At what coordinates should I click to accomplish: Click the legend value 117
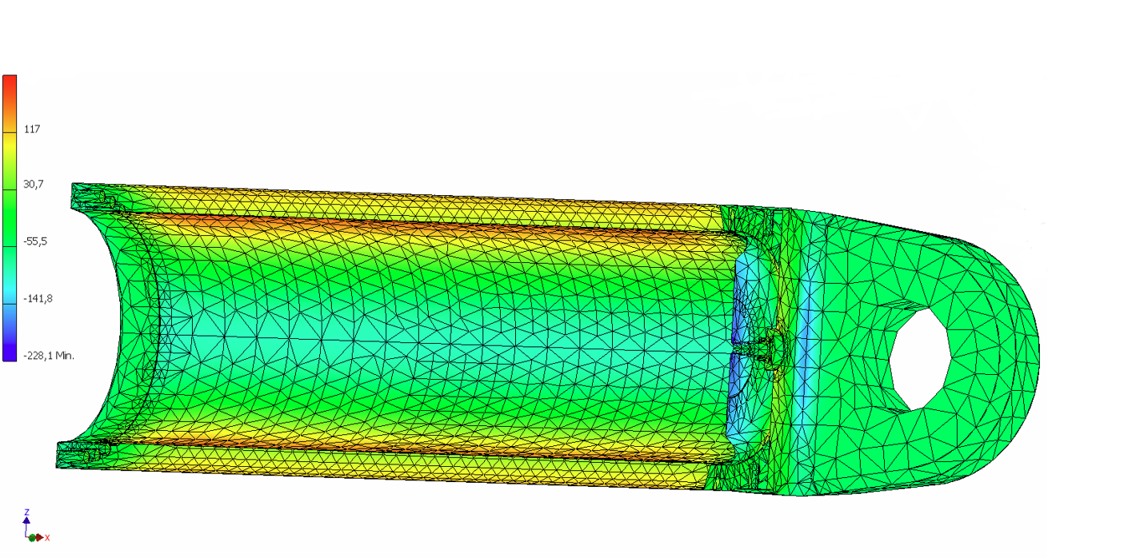point(32,129)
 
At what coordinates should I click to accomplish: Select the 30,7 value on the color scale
point(33,185)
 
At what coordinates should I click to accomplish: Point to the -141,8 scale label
point(38,298)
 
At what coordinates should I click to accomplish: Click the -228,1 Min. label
point(48,355)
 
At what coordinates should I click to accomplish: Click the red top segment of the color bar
point(10,88)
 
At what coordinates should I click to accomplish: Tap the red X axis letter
point(47,538)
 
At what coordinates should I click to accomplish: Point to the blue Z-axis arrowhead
point(27,520)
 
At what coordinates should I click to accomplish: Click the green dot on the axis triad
point(32,538)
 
